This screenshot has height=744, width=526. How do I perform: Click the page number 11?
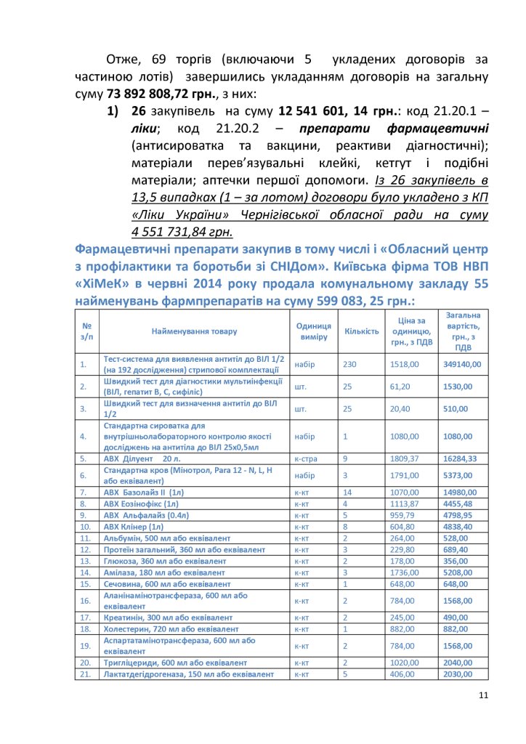483,695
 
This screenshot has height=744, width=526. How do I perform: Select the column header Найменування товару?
194,331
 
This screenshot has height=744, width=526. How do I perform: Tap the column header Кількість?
361,331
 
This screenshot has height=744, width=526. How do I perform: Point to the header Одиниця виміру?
314,331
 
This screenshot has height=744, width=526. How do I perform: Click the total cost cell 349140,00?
461,364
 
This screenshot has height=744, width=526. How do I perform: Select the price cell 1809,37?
405,459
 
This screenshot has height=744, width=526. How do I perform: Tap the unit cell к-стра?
306,459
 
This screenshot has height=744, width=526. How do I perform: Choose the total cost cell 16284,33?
461,459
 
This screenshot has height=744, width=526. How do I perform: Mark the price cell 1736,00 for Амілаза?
405,573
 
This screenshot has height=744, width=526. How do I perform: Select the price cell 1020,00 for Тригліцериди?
405,662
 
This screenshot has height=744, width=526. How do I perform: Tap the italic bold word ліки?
145,129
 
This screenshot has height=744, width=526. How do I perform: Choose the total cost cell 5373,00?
458,476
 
